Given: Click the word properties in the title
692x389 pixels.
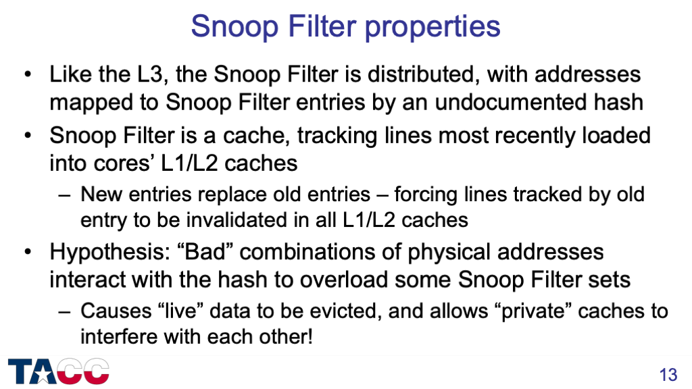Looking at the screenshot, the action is click(432, 27).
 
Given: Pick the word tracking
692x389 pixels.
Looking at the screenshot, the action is click(337, 136).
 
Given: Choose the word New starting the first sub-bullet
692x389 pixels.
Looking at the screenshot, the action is click(101, 194).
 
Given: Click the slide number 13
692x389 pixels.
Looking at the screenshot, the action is click(668, 375).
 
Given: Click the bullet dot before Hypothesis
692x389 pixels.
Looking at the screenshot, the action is click(28, 253).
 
